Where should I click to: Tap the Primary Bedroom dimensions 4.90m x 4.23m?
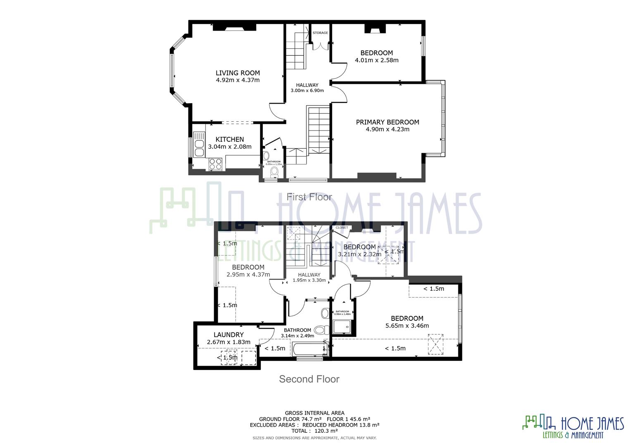pos(387,129)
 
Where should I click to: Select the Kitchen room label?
pos(230,140)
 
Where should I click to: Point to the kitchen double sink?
pos(199,144)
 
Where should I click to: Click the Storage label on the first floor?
pos(320,33)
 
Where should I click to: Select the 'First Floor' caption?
pos(309,197)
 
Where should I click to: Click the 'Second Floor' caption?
pos(309,379)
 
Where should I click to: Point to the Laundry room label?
pos(229,335)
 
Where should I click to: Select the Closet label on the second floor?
pos(342,228)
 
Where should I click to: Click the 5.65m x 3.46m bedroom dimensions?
pos(407,325)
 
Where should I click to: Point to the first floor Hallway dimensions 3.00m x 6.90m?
pos(307,90)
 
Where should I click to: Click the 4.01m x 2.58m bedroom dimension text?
pos(376,60)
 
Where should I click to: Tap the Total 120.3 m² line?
pos(314,430)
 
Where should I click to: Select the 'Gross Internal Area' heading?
pos(314,413)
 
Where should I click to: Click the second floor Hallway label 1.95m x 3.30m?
pos(309,280)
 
